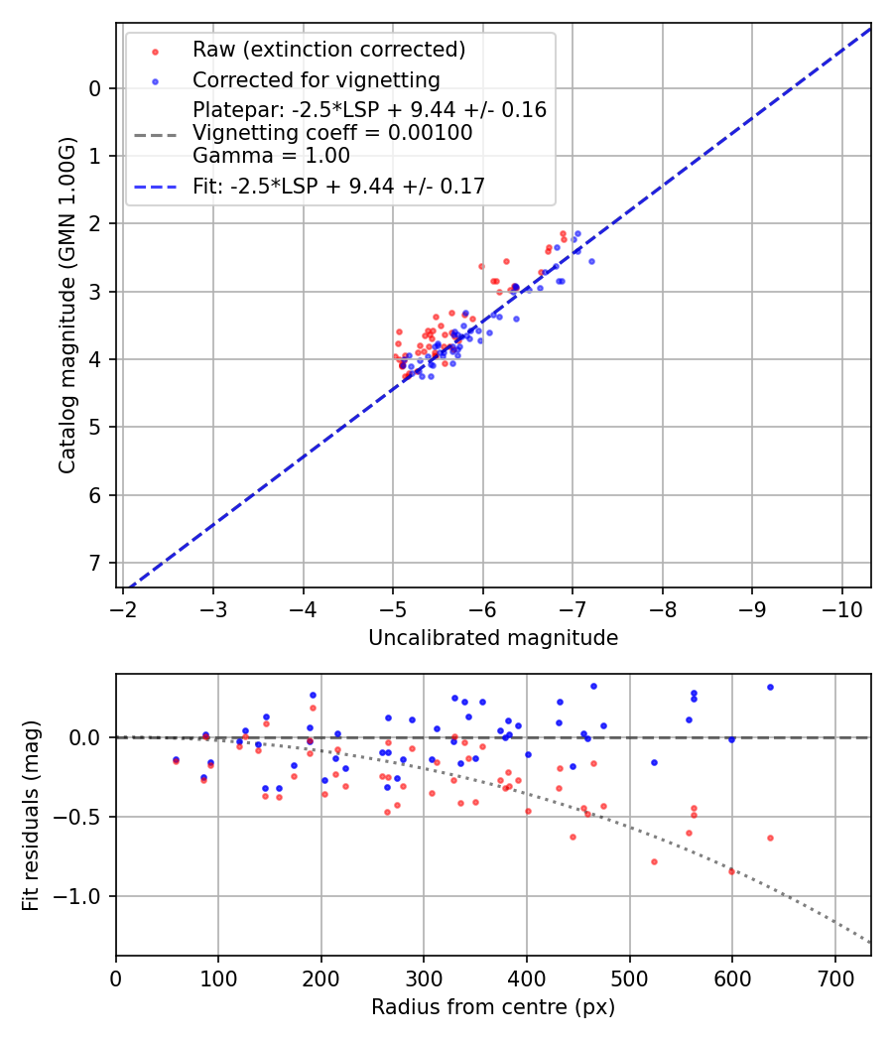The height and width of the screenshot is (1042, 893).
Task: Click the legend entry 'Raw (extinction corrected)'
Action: click(328, 50)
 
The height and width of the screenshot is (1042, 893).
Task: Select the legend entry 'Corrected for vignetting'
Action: click(316, 80)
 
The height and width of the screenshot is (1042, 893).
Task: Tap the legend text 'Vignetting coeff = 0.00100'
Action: click(332, 133)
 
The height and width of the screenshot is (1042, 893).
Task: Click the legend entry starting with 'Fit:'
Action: click(338, 186)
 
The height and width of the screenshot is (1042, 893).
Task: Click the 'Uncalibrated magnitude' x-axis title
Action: click(493, 638)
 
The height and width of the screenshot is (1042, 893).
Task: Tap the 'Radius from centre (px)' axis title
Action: click(493, 1007)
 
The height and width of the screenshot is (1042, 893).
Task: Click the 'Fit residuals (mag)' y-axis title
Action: click(31, 815)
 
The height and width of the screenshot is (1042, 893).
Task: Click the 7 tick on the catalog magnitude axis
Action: click(95, 563)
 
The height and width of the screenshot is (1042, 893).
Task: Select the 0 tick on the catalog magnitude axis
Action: click(95, 88)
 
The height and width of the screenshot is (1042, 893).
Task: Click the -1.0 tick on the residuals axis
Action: click(80, 896)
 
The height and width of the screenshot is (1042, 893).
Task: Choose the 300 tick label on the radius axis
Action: click(424, 977)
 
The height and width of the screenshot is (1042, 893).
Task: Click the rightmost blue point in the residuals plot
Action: click(770, 687)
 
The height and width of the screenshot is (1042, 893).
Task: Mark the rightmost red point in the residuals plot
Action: click(770, 838)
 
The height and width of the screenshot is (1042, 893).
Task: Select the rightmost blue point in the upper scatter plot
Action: click(591, 261)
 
